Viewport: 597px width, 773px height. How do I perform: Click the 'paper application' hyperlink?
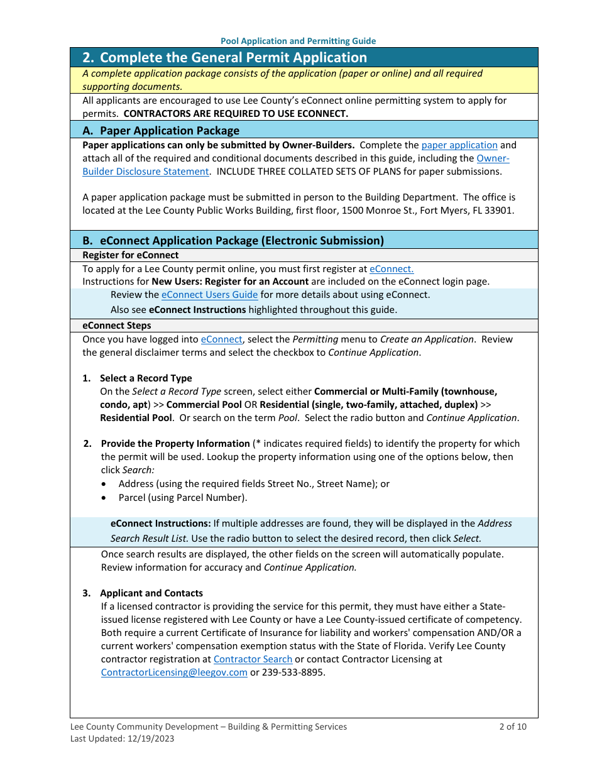pyautogui.click(x=459, y=145)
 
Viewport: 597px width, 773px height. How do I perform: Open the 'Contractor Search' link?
pyautogui.click(x=253, y=659)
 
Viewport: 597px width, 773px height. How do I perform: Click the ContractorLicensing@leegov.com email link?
pyautogui.click(x=174, y=672)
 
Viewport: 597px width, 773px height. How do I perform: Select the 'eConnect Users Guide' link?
pyautogui.click(x=209, y=295)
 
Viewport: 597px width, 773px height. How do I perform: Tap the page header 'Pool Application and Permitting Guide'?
pyautogui.click(x=298, y=41)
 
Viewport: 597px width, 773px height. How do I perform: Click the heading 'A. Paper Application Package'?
pyautogui.click(x=161, y=131)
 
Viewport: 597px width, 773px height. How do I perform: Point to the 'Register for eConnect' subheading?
pyautogui.click(x=131, y=255)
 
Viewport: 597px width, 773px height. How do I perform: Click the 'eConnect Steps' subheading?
pyautogui.click(x=117, y=326)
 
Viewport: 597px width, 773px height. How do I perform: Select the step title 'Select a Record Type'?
pyautogui.click(x=146, y=378)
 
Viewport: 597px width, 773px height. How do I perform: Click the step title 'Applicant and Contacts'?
pyautogui.click(x=151, y=593)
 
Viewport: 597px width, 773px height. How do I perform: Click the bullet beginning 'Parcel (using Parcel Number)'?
pyautogui.click(x=182, y=498)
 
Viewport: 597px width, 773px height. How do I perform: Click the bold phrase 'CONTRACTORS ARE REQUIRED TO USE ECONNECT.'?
pyautogui.click(x=236, y=114)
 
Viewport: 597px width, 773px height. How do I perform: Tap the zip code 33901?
pyautogui.click(x=500, y=211)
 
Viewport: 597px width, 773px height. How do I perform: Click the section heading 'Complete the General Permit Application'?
pyautogui.click(x=233, y=58)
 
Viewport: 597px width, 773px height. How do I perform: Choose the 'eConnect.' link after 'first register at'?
pyautogui.click(x=392, y=268)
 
